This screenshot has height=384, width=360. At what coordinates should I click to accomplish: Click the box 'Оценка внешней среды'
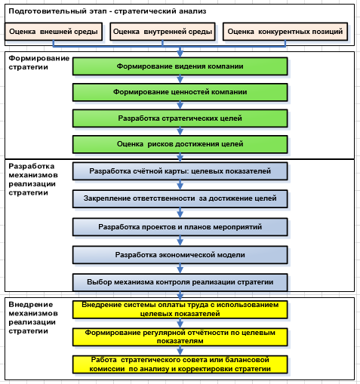pos(54,32)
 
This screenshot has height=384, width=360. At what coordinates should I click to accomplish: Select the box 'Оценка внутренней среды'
pos(162,32)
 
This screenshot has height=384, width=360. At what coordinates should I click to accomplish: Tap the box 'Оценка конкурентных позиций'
pos(285,32)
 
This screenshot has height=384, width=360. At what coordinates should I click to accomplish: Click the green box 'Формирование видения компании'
pos(180,66)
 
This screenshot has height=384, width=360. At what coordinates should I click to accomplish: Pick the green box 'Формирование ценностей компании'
pos(180,92)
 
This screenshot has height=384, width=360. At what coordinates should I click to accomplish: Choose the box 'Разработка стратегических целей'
pos(180,118)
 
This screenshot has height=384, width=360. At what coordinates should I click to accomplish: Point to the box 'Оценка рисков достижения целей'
pos(180,144)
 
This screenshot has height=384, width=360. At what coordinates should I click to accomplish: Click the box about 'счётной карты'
pos(180,171)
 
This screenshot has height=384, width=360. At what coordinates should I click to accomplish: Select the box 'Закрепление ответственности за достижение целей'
pos(180,199)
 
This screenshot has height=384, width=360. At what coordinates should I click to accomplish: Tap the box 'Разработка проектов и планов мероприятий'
pos(180,227)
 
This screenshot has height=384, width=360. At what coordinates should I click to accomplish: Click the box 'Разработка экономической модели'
pos(180,255)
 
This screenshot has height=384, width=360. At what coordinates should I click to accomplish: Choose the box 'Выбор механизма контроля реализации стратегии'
pos(180,282)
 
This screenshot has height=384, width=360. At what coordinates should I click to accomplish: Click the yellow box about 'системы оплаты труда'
pos(180,309)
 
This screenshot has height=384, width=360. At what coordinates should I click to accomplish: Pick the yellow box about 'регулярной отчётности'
pos(180,337)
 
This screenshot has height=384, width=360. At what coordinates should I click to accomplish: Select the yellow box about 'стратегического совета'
pos(180,364)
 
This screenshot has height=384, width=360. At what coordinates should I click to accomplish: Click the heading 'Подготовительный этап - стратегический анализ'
pos(107,11)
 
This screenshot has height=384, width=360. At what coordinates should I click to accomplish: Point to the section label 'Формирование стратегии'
pos(39,63)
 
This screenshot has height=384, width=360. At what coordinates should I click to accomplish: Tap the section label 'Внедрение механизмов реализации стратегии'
pos(33,318)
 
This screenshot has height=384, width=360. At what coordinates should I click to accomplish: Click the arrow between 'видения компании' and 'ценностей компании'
pos(180,79)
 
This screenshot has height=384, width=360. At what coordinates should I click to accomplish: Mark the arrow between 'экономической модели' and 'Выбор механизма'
pos(180,269)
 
